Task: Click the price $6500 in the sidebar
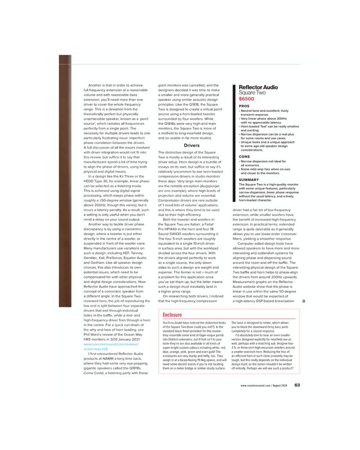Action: click(246, 99)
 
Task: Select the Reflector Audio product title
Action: click(258, 88)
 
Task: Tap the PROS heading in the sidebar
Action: click(244, 106)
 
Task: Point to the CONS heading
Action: click(244, 156)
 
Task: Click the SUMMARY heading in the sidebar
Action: click(249, 179)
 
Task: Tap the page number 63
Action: click(297, 385)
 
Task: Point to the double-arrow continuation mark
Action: click(304, 301)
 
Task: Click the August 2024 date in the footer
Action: click(282, 386)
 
